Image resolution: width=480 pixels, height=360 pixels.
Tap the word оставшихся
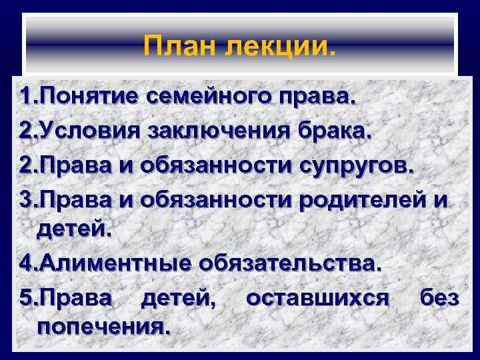[x=317, y=298]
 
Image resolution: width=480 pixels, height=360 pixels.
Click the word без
[x=439, y=298]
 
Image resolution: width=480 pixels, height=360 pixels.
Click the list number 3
[x=26, y=199]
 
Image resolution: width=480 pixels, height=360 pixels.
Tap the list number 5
[x=26, y=298]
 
